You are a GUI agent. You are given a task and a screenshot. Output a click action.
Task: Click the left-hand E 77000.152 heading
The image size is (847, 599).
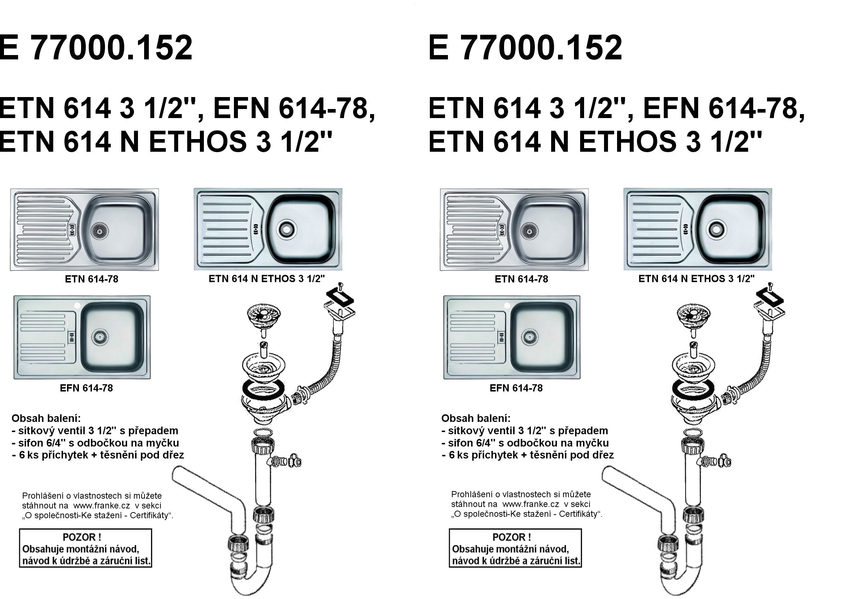96,48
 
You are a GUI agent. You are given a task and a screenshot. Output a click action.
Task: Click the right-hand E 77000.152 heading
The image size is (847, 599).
525,48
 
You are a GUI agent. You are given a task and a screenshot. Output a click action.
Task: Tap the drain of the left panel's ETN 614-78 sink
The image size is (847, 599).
99,231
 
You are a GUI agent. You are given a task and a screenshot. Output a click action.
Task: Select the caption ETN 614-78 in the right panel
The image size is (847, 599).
521,279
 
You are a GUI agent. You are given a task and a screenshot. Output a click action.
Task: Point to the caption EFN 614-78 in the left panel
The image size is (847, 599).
86,388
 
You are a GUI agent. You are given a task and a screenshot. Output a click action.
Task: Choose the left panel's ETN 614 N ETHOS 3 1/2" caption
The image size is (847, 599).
267,279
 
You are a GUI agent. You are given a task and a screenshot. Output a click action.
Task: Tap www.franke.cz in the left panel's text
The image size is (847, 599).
96,505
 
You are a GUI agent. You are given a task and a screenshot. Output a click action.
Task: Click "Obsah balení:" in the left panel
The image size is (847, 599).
46,418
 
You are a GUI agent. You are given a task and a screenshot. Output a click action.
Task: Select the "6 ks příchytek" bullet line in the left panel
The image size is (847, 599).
98,455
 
